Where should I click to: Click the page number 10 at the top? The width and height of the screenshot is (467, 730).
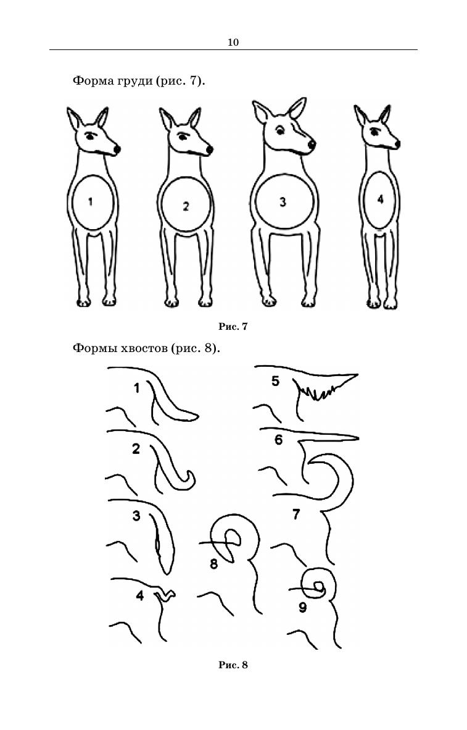(233, 43)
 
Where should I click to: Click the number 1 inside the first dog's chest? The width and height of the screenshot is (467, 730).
(90, 201)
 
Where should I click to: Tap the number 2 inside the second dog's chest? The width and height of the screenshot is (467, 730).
(186, 206)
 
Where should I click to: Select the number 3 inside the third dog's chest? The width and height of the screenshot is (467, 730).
(283, 202)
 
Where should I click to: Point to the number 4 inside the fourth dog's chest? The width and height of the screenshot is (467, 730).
(381, 199)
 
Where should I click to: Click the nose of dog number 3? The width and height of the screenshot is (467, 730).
(312, 145)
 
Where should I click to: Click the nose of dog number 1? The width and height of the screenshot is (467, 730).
(117, 149)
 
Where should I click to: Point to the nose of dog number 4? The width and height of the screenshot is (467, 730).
(396, 143)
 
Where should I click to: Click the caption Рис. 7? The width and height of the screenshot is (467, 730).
(233, 326)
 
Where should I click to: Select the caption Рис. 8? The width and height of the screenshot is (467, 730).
(233, 665)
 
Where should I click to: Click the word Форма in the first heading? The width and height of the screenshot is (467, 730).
(90, 81)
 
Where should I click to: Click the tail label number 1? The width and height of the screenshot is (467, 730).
(136, 388)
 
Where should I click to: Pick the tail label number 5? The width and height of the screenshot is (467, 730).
(275, 381)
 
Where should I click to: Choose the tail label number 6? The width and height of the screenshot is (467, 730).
(279, 440)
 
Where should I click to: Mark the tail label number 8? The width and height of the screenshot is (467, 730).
(213, 564)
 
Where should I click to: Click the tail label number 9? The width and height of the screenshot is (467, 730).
(303, 607)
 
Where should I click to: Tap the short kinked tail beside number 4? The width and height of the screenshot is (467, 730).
(165, 595)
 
